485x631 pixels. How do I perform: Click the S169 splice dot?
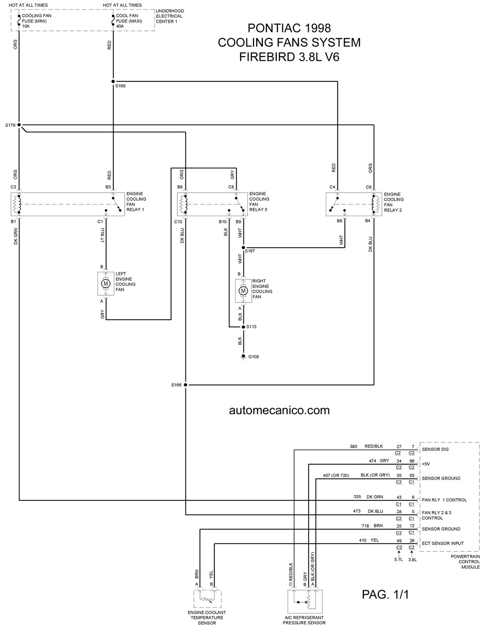pyautogui.click(x=113, y=82)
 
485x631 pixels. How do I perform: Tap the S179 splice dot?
pyautogui.click(x=19, y=125)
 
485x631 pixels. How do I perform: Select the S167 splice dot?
pyautogui.click(x=243, y=248)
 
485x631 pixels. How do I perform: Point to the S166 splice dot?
pyautogui.click(x=186, y=385)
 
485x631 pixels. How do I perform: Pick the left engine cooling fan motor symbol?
pyautogui.click(x=106, y=284)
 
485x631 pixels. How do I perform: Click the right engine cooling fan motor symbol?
pyautogui.click(x=243, y=291)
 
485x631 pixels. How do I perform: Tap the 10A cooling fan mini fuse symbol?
pyautogui.click(x=19, y=21)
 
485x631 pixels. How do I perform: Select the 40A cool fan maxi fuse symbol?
pyautogui.click(x=113, y=21)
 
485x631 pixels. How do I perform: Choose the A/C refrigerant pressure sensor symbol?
pyautogui.click(x=305, y=601)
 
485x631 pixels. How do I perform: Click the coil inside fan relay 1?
pyautogui.click(x=17, y=204)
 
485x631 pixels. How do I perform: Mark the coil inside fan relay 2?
pyautogui.click(x=375, y=204)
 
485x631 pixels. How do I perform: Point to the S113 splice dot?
pyautogui.click(x=243, y=327)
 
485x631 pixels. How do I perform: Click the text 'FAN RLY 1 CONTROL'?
pyautogui.click(x=444, y=500)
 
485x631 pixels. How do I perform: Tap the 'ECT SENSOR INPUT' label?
pyautogui.click(x=443, y=544)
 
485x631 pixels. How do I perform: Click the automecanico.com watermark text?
pyautogui.click(x=279, y=410)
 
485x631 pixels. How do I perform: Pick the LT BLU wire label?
pyautogui.click(x=103, y=235)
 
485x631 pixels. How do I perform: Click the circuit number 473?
pyautogui.click(x=357, y=511)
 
